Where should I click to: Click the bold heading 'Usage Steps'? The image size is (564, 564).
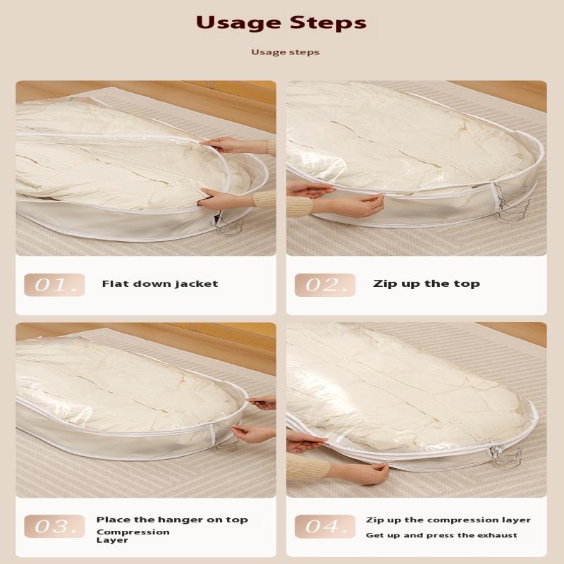pyautogui.click(x=281, y=23)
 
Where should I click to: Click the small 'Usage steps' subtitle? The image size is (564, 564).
pyautogui.click(x=285, y=52)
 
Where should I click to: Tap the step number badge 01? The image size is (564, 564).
pyautogui.click(x=54, y=285)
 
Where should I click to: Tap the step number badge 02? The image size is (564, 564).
pyautogui.click(x=325, y=285)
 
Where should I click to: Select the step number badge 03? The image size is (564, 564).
pyautogui.click(x=54, y=526)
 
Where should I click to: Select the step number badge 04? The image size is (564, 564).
pyautogui.click(x=325, y=526)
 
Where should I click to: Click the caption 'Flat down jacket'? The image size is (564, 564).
pyautogui.click(x=160, y=284)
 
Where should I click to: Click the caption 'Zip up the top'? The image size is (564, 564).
pyautogui.click(x=426, y=284)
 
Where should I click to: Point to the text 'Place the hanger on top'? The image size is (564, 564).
pyautogui.click(x=172, y=520)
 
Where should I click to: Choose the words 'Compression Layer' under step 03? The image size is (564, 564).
pyautogui.click(x=133, y=536)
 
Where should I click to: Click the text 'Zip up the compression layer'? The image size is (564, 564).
pyautogui.click(x=448, y=520)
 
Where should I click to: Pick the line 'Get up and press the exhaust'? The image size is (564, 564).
pyautogui.click(x=441, y=536)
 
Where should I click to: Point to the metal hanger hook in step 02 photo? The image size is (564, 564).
pyautogui.click(x=513, y=204)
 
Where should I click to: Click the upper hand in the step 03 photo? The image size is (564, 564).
pyautogui.click(x=262, y=403)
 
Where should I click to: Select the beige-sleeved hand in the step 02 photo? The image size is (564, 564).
pyautogui.click(x=356, y=205)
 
